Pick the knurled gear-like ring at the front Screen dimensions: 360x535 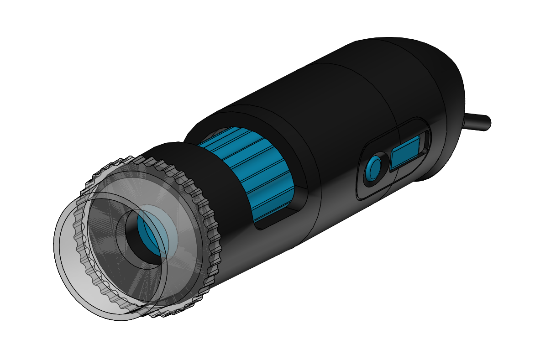(x=201, y=201)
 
